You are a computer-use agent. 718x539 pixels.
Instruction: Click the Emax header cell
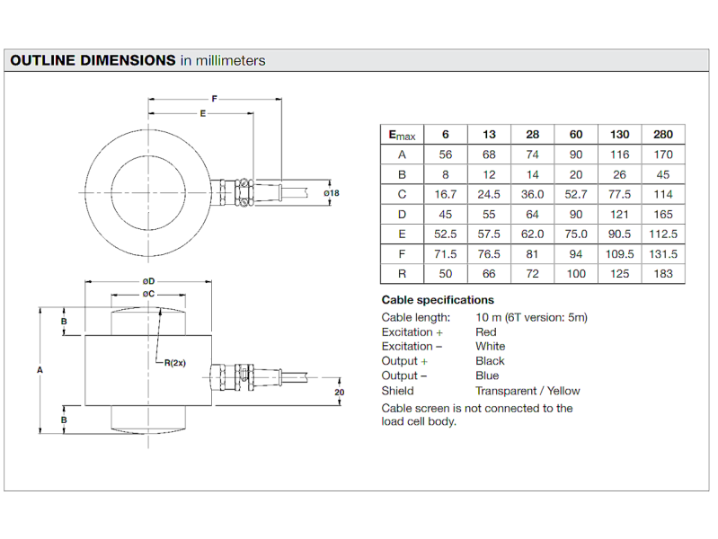402,135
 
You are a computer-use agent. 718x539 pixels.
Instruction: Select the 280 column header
663,135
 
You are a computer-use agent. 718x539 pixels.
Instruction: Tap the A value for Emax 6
446,155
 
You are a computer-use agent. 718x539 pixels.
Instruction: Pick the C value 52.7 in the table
576,194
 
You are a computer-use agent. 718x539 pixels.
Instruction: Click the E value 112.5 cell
663,234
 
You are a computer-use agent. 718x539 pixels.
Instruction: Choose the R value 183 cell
663,274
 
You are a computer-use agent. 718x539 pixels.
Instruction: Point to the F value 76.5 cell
489,254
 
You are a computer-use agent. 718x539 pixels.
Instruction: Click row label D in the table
402,215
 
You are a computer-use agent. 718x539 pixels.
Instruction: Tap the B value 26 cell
619,174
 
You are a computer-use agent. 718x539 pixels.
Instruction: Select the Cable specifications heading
438,300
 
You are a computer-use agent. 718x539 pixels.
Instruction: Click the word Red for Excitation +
486,332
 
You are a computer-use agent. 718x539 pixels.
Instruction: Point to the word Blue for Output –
487,376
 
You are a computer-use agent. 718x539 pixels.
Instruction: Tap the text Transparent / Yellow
527,391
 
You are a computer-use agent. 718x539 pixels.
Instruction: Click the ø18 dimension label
332,193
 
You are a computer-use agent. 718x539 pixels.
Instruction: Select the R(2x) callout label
175,363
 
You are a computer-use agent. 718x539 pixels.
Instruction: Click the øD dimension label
148,281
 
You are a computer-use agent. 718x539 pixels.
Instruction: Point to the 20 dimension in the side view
340,392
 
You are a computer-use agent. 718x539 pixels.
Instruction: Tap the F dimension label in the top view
214,99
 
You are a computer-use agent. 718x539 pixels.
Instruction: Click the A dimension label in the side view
40,370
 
